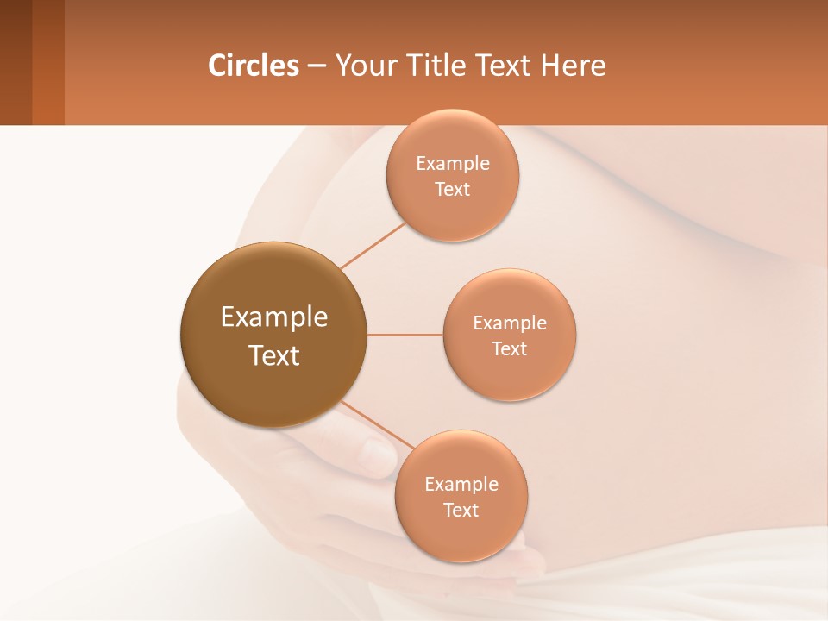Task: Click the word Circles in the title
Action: coord(254,66)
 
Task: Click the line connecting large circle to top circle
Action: coord(373,244)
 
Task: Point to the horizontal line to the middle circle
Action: coord(405,335)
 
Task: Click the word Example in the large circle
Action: coord(274,317)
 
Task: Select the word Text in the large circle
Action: coord(274,355)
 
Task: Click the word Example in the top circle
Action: coord(453,164)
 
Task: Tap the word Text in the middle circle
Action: coord(509,349)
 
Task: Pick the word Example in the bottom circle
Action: coord(461,485)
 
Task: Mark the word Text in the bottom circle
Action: coord(461,511)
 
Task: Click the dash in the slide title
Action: coord(317,66)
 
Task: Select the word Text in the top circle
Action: coord(452,190)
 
